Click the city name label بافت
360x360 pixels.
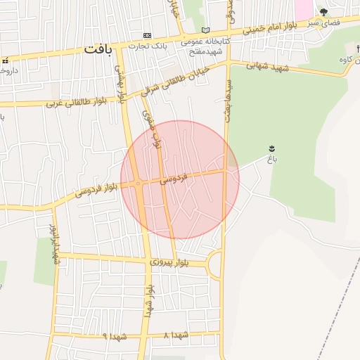click(98, 49)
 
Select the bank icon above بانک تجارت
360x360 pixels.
click(147, 35)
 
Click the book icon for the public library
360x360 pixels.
click(205, 30)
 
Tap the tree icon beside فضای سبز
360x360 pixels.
click(323, 12)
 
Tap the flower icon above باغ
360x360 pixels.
click(271, 148)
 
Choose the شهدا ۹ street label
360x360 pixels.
click(115, 336)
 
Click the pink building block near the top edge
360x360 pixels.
click(303, 9)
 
